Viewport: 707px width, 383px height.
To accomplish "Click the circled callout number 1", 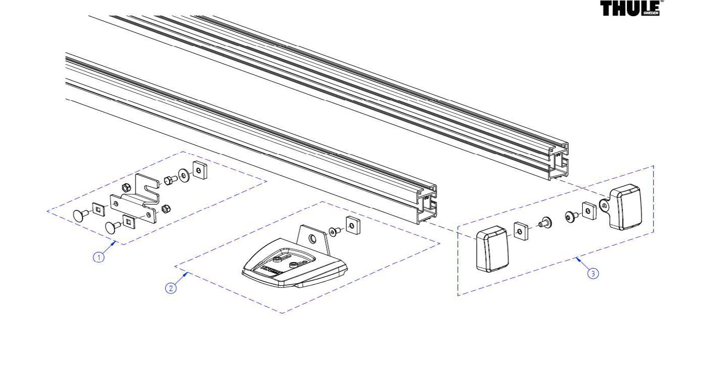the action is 99,257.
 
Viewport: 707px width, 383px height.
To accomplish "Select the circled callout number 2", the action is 171,288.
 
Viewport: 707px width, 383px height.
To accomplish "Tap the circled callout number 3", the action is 593,273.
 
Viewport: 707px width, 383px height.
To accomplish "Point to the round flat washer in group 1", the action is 184,175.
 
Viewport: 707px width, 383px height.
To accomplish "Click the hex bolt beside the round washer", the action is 170,180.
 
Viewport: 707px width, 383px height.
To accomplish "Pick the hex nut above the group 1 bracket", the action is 126,187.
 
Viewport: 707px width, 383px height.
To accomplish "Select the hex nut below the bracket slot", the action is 166,209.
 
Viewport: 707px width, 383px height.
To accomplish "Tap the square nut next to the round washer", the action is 199,170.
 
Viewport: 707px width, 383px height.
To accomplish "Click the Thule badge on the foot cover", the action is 271,270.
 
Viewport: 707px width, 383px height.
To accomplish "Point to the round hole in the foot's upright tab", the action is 313,238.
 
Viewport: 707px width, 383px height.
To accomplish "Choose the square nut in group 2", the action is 353,225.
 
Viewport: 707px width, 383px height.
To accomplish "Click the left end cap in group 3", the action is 492,249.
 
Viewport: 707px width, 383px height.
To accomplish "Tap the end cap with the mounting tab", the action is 622,207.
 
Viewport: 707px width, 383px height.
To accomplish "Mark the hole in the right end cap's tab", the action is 604,206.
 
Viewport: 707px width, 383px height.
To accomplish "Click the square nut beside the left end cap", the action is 521,231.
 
